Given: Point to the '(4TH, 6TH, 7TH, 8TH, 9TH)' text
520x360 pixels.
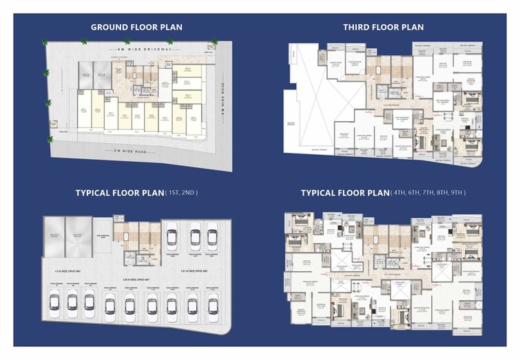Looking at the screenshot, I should [x=428, y=193].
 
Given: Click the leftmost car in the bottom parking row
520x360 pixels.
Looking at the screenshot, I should [x=54, y=303].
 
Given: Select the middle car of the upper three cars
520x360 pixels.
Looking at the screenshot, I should [x=194, y=237].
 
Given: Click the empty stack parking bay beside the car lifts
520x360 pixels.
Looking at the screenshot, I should [x=102, y=236].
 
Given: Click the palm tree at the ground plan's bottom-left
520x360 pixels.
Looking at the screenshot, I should [x=50, y=140].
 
